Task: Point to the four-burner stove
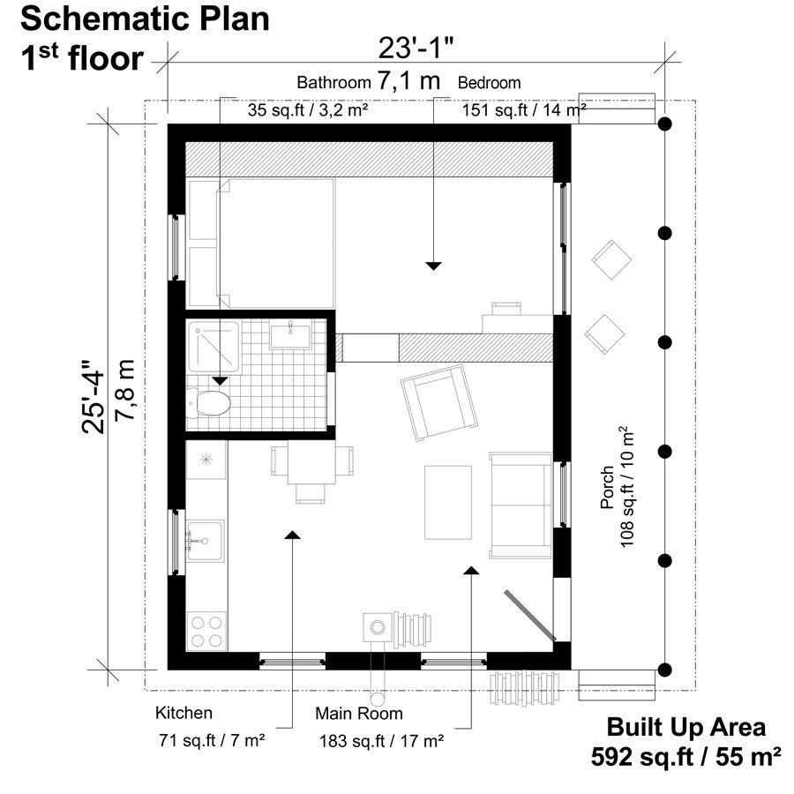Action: [206, 631]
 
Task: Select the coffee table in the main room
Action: [447, 501]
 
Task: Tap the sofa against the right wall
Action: [520, 506]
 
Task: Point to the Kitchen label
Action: [184, 713]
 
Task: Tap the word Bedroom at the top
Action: [489, 83]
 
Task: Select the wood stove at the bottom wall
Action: [378, 627]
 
